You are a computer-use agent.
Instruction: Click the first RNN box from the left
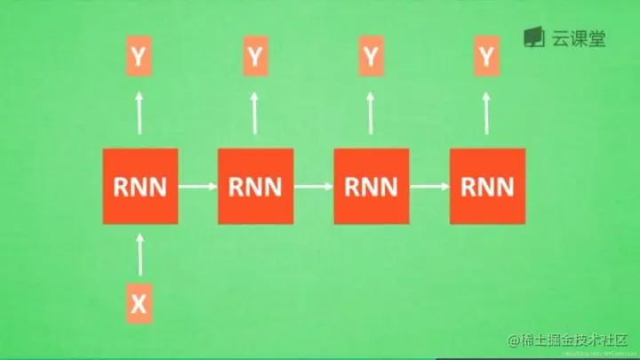(x=140, y=187)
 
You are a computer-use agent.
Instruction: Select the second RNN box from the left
(x=256, y=187)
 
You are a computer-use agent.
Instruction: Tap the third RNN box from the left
(x=372, y=187)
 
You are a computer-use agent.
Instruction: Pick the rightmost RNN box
(x=487, y=187)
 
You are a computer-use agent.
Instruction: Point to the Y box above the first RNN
(x=139, y=57)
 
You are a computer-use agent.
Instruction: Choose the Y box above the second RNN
(x=255, y=57)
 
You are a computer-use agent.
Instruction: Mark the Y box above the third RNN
(x=371, y=57)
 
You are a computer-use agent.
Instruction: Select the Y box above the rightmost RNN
(x=486, y=57)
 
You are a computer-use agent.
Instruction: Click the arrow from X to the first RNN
(x=140, y=254)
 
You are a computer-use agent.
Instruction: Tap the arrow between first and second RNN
(x=198, y=187)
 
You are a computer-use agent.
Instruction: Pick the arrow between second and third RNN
(x=314, y=187)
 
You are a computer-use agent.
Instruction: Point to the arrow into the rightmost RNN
(x=429, y=187)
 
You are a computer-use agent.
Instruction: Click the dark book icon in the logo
(x=533, y=37)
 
